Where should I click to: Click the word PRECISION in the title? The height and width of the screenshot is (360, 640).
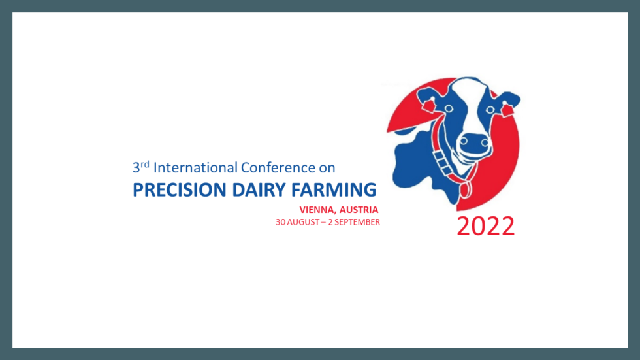[x=180, y=189]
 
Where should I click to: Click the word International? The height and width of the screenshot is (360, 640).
[x=195, y=167]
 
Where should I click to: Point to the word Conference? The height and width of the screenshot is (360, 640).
[x=278, y=167]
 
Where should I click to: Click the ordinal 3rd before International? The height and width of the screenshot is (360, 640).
[x=141, y=167]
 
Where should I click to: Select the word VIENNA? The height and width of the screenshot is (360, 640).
[x=317, y=210]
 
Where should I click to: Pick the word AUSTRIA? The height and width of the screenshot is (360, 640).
[x=359, y=210]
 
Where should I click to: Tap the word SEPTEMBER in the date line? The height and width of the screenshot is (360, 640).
[x=357, y=222]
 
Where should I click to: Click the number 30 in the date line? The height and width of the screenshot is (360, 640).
[x=280, y=222]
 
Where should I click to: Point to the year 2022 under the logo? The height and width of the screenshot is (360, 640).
[x=486, y=225]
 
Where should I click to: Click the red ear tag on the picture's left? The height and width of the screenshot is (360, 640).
[x=428, y=106]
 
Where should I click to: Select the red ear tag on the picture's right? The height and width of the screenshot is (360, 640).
[x=507, y=110]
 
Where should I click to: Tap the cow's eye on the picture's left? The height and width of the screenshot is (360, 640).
[x=449, y=108]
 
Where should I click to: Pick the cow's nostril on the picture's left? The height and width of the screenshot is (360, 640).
[x=464, y=142]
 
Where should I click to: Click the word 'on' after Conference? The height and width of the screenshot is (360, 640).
[x=327, y=168]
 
